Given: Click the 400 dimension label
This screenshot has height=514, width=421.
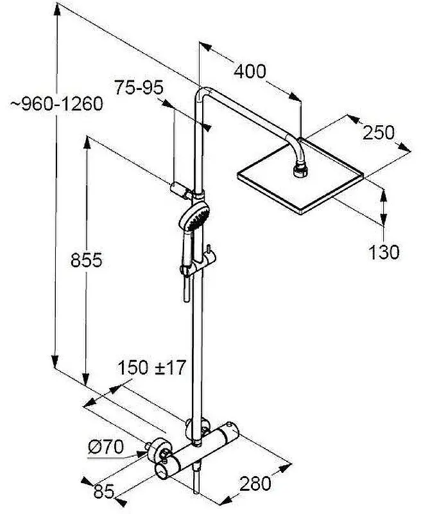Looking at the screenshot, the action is (250, 71).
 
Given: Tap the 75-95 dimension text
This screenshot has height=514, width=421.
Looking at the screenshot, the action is (139, 87).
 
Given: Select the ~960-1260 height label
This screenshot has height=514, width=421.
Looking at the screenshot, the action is (57, 104).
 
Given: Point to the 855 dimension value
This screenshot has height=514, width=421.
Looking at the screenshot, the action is (87, 260).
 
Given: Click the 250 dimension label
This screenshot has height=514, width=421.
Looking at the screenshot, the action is (379, 133).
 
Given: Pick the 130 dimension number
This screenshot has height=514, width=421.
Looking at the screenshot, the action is (384, 253).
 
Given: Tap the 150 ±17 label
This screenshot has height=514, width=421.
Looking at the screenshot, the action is (151, 367).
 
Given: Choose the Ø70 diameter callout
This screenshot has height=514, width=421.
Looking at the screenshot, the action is (106, 447).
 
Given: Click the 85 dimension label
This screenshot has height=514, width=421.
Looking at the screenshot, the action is (104, 492).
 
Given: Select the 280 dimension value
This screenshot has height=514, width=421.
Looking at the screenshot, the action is (255, 484).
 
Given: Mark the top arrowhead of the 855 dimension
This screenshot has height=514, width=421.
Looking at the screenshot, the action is (87, 143).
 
